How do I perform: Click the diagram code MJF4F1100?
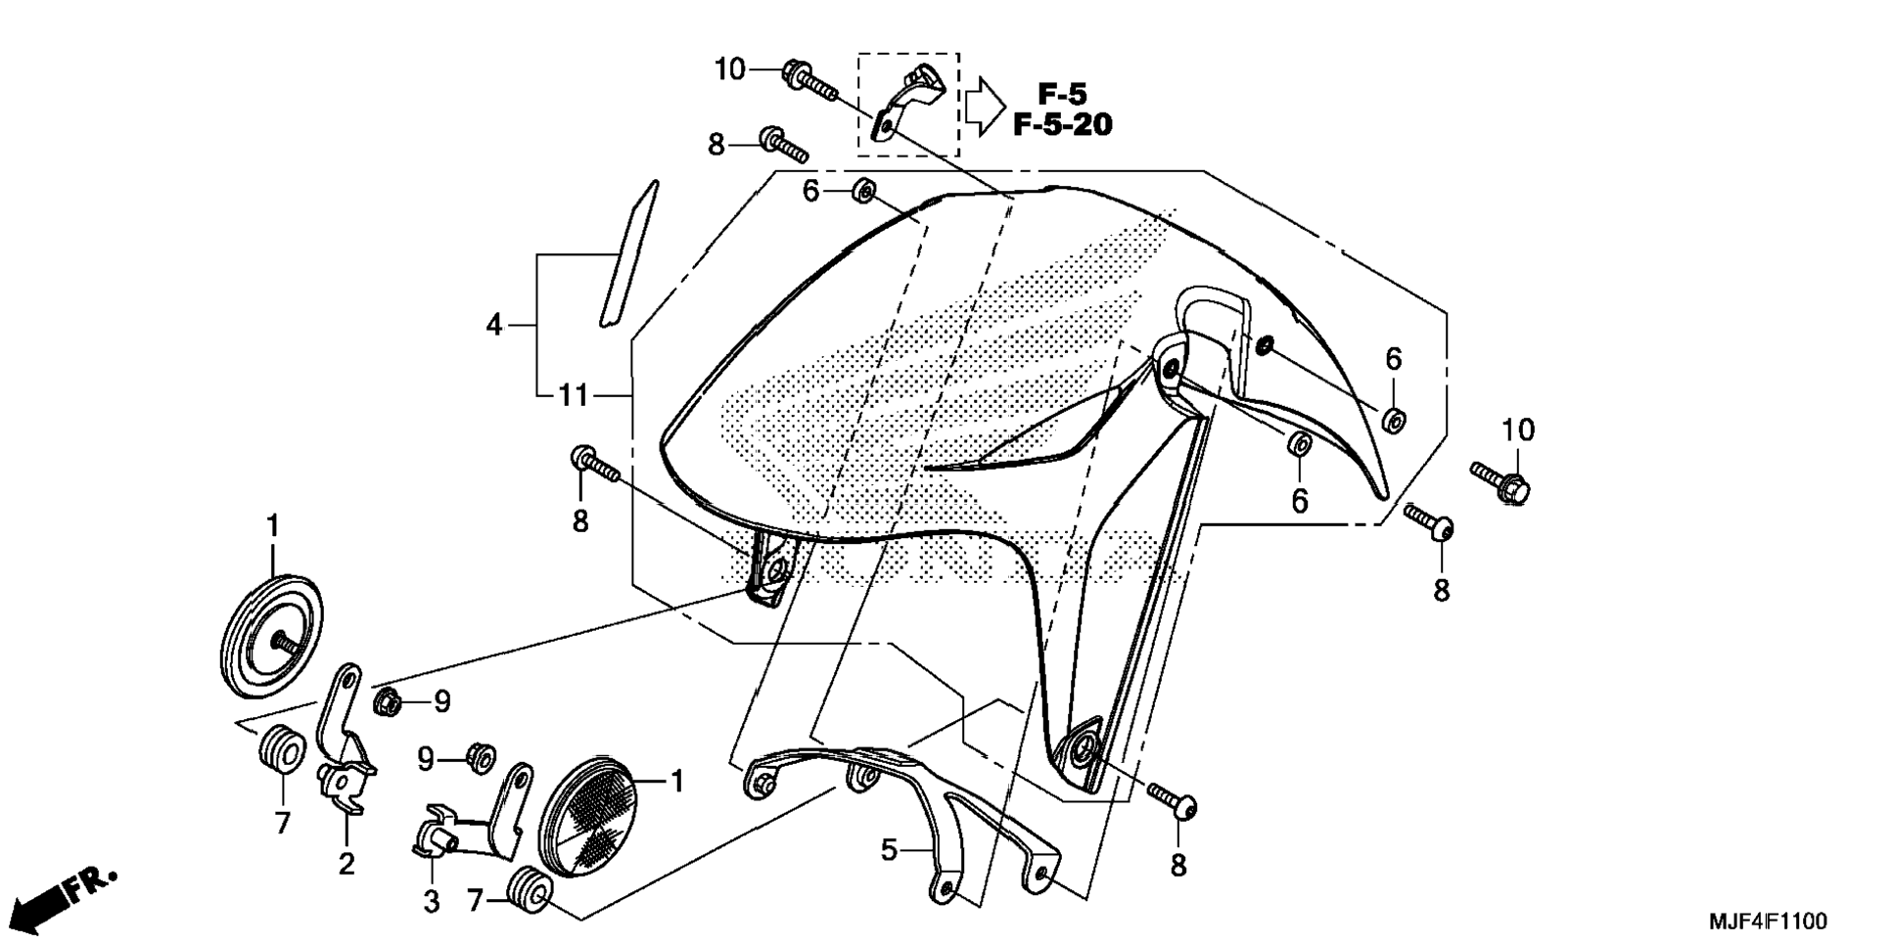(x=1767, y=922)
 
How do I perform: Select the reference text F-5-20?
(x=1062, y=125)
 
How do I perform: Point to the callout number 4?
(x=494, y=324)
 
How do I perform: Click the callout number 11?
(x=574, y=396)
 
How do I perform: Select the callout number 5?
(x=888, y=850)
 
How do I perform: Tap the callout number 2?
(x=346, y=864)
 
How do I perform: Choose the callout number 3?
(x=432, y=901)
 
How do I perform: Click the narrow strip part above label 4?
(x=627, y=253)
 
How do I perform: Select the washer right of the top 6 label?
(x=864, y=192)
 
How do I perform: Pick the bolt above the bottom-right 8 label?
(x=1173, y=799)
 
